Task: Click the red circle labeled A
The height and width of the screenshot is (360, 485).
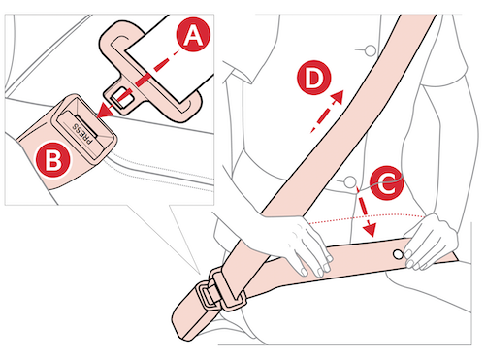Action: coord(193,34)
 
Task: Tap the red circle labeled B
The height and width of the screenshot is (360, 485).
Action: coord(52,160)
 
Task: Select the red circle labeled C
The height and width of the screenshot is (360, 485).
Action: coord(387,182)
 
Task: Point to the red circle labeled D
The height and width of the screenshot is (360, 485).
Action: coord(314,78)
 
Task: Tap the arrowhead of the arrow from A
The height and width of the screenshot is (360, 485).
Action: coord(104,111)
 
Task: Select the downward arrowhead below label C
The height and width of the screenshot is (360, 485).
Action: coord(370,230)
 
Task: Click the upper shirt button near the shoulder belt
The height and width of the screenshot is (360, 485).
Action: coord(371,50)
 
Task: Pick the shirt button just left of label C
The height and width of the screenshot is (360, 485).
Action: coord(349,181)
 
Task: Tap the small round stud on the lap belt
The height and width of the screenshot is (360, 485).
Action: coord(399,254)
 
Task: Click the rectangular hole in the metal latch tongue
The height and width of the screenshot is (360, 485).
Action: coord(121,97)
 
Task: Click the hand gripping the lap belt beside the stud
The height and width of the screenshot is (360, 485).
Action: coord(429,241)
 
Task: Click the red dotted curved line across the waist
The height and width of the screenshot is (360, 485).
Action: coord(367,217)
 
